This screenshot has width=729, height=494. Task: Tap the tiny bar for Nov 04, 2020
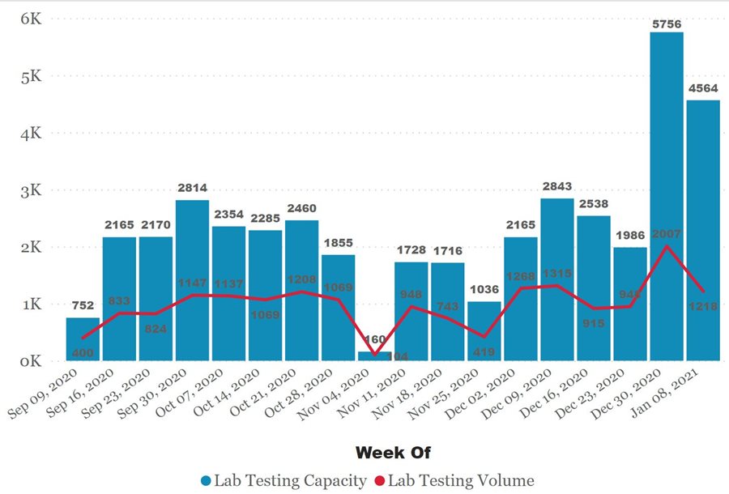[x=374, y=356]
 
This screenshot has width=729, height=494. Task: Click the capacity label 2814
[x=192, y=188]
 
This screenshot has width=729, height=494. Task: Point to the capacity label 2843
[x=556, y=186]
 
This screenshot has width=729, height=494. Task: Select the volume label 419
[x=484, y=352]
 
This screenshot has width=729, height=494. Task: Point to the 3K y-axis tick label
[x=30, y=190]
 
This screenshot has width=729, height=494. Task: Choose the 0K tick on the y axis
[x=30, y=361]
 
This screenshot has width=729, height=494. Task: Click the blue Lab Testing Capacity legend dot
[x=205, y=481]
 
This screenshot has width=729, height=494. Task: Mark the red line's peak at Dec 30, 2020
[x=666, y=245]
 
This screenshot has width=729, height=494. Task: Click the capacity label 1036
[x=484, y=289]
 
